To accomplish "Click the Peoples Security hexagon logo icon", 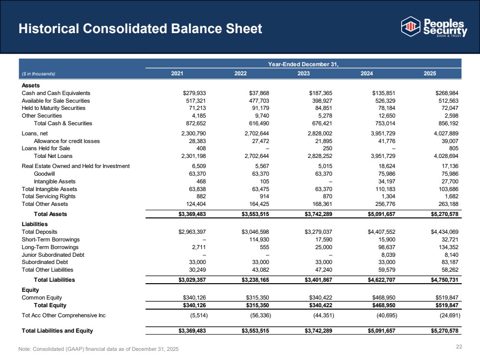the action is (410, 26).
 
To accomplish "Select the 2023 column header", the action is (303, 73).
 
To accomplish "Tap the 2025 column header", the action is (430, 73).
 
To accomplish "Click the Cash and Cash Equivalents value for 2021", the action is (195, 93).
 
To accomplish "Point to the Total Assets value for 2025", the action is (444, 214).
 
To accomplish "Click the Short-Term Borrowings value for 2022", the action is (259, 240).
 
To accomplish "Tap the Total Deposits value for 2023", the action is (319, 232).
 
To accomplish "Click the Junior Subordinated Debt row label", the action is (53, 255).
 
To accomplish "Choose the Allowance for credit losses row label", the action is (67, 141).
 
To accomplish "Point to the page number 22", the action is (459, 347).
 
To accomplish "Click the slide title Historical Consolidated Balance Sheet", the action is (140, 28).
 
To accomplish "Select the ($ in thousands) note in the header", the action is (38, 74).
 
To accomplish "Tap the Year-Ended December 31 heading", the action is (303, 64).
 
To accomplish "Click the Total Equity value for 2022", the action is (258, 305).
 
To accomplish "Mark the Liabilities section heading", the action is (35, 224).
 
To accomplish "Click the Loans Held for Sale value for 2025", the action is (454, 148).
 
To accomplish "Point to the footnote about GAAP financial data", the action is (98, 349).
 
